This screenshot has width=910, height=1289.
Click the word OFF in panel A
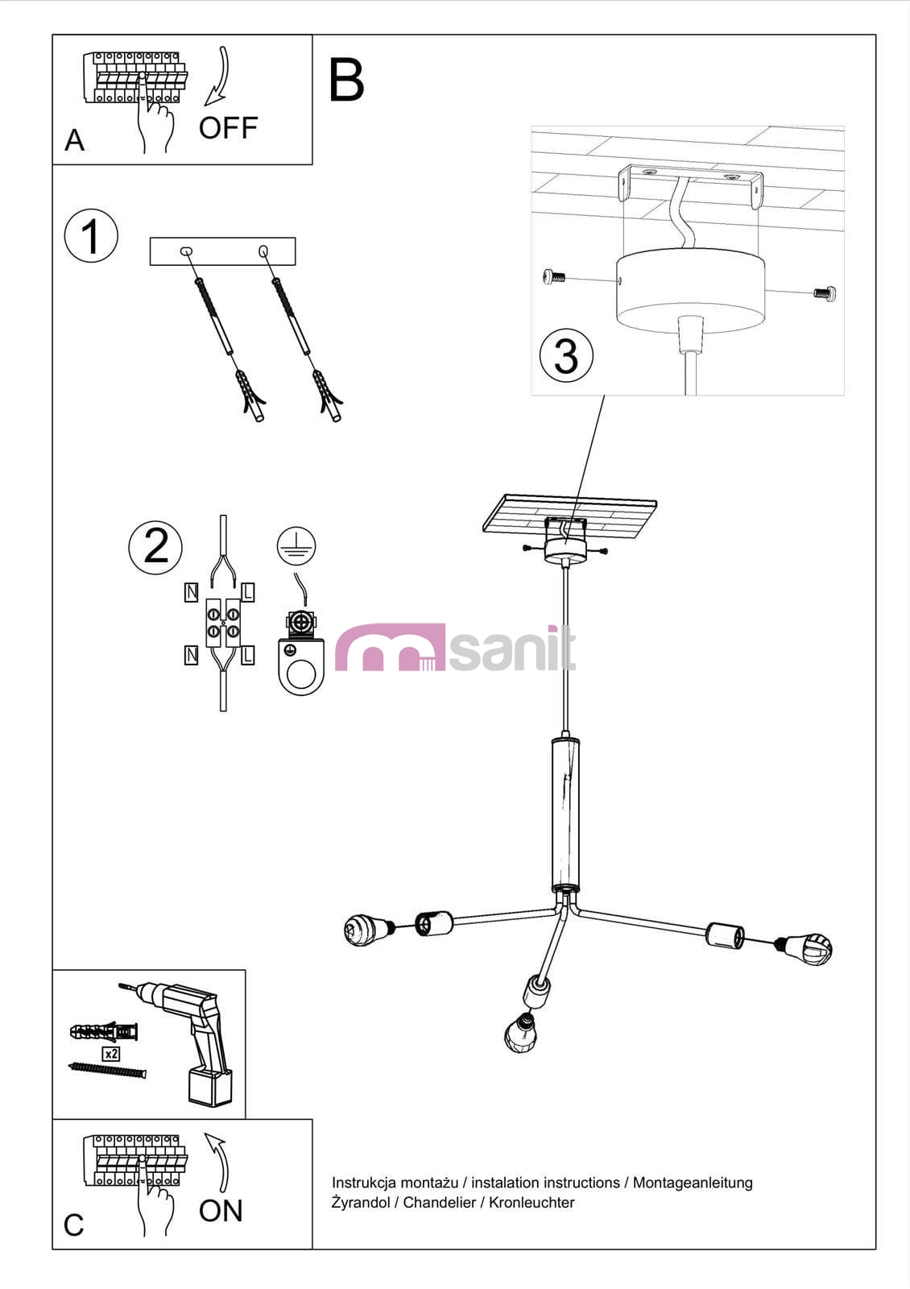pyautogui.click(x=228, y=128)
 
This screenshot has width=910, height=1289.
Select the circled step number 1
pyautogui.click(x=91, y=236)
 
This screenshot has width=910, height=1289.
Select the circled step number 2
pyautogui.click(x=155, y=547)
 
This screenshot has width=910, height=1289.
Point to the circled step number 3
pyautogui.click(x=567, y=355)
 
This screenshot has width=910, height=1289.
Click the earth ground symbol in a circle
pyautogui.click(x=296, y=545)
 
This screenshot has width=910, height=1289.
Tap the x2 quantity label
pyautogui.click(x=111, y=1054)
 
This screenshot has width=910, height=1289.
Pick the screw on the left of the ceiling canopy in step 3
pyautogui.click(x=554, y=277)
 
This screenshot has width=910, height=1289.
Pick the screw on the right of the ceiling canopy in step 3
pyautogui.click(x=825, y=293)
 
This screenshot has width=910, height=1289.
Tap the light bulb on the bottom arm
pyautogui.click(x=521, y=1032)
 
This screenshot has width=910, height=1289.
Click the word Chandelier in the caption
pyautogui.click(x=440, y=1203)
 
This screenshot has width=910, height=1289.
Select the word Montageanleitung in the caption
pyautogui.click(x=693, y=1183)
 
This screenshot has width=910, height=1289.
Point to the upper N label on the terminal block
pyautogui.click(x=191, y=592)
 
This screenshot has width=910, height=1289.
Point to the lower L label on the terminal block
pyautogui.click(x=248, y=655)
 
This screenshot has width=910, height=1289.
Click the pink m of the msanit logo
pyautogui.click(x=390, y=648)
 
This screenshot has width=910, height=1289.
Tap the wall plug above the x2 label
pyautogui.click(x=104, y=1032)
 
